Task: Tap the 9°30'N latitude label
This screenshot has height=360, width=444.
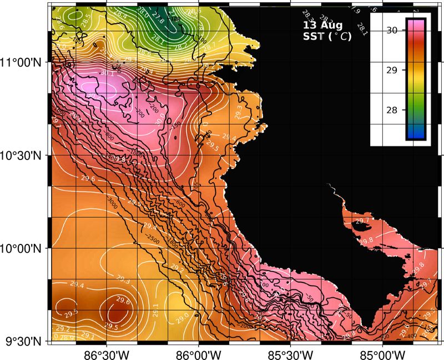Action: [x=23, y=341]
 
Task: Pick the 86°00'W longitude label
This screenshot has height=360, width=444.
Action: [x=198, y=353]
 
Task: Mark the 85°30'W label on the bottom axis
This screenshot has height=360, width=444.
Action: [x=290, y=353]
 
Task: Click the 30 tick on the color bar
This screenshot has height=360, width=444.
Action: [x=392, y=31]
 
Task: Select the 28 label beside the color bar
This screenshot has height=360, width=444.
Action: [x=392, y=110]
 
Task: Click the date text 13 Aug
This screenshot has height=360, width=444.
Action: [x=322, y=26]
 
